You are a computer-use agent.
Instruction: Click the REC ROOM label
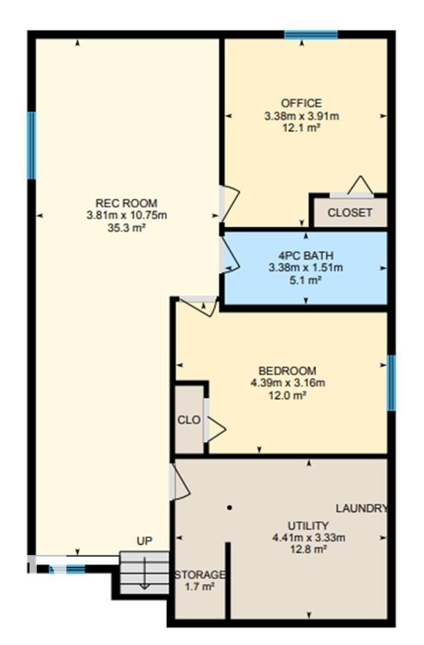tap(127, 203)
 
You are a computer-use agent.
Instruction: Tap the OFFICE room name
tap(301, 103)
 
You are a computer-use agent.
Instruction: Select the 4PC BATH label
tap(305, 256)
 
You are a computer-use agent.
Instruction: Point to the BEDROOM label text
tap(287, 371)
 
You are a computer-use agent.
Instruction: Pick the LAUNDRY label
tap(361, 509)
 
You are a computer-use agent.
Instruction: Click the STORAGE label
tap(200, 574)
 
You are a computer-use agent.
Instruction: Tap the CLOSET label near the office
tap(350, 213)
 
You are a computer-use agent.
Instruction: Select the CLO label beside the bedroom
tap(189, 420)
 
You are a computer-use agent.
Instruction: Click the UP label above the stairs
tap(144, 541)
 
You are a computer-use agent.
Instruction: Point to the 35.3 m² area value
tap(127, 227)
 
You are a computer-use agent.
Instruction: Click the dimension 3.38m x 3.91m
tap(301, 116)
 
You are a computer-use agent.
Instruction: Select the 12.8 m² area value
tap(308, 549)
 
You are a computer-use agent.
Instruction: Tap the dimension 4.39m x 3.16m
tap(287, 383)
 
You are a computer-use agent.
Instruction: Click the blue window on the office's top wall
tap(311, 35)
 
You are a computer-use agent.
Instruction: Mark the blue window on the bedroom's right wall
tap(392, 383)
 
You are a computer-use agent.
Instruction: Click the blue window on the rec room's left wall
tap(31, 145)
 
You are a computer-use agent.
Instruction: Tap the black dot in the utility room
tap(229, 508)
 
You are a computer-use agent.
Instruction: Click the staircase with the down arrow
tap(144, 573)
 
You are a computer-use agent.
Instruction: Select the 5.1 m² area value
tap(305, 279)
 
